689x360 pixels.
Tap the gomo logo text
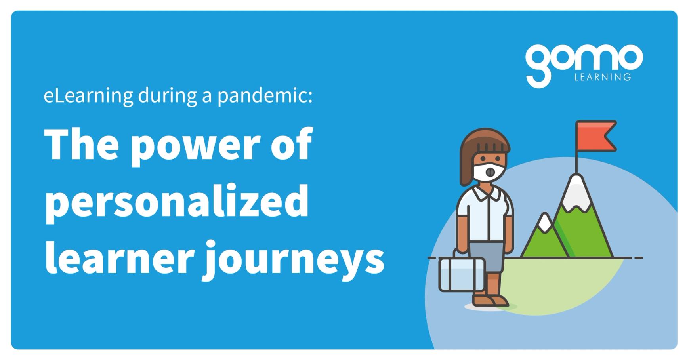[x=583, y=59]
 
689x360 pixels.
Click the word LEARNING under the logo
[x=602, y=77]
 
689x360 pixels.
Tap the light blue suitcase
[x=462, y=274]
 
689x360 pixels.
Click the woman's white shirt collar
[x=487, y=193]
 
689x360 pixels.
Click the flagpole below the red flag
[x=576, y=162]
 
